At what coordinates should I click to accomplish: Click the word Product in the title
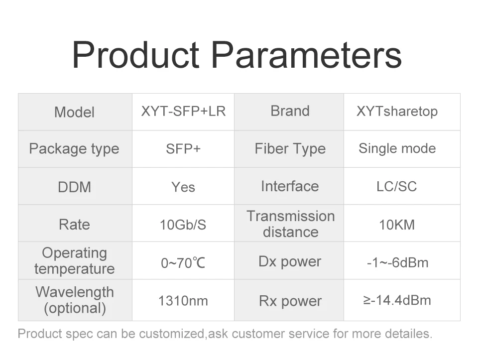pos(135,55)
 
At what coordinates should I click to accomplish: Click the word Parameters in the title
pos(306,55)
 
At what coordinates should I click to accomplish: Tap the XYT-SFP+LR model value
pos(183,111)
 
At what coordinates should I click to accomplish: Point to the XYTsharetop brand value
pos(397,112)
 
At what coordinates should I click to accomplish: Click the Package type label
pos(74,149)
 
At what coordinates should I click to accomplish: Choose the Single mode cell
pos(397,149)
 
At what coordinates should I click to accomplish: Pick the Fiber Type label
pos(290,149)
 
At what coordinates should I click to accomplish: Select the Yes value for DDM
pos(183,187)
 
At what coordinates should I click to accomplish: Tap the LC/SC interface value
pos(397,187)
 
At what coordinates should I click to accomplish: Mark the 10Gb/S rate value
pos(183,225)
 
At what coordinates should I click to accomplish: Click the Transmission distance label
pos(290,224)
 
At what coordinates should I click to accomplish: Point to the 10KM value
pos(397,225)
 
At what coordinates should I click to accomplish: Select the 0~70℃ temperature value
pos(183,263)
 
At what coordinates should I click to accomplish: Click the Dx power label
pos(290,262)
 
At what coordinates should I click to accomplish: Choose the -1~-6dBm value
pos(397,262)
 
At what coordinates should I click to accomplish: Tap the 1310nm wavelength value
pos(183,301)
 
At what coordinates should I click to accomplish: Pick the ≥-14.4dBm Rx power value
pos(397,300)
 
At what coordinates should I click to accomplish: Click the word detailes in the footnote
pos(408,334)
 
